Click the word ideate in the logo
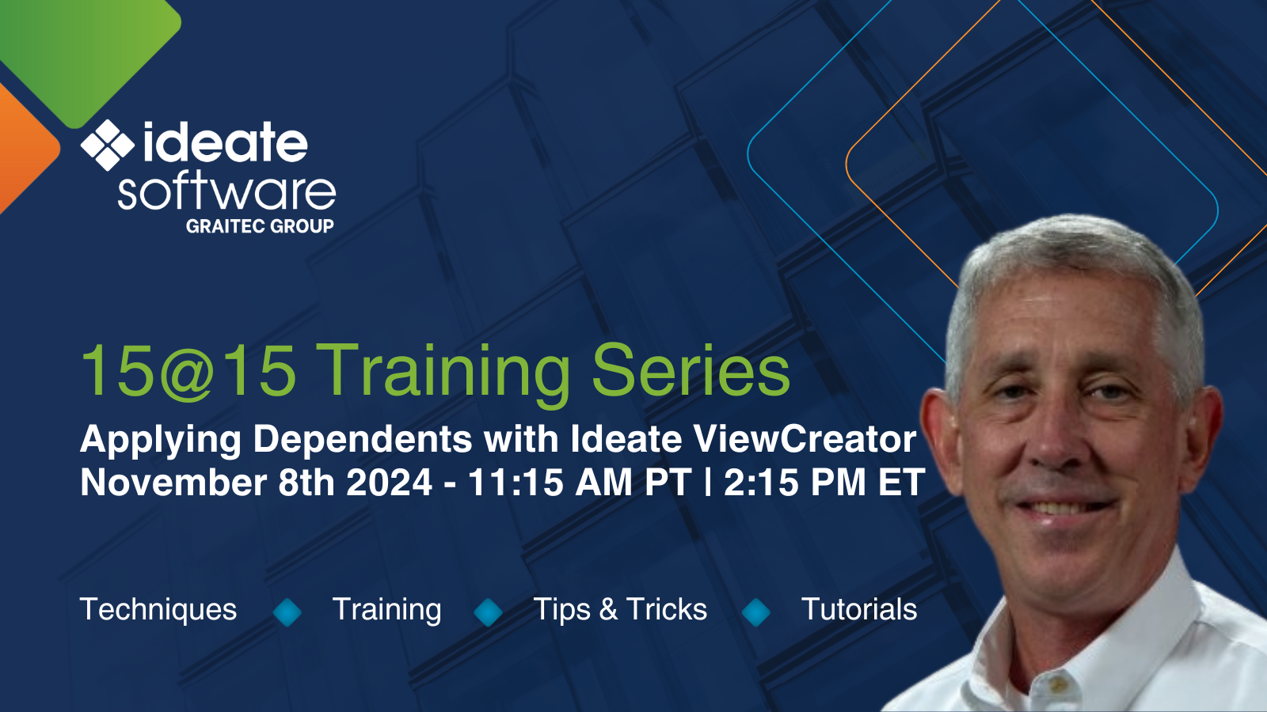pyautogui.click(x=225, y=143)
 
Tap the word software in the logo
pyautogui.click(x=226, y=191)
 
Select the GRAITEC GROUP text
pyautogui.click(x=260, y=226)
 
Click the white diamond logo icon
pyautogui.click(x=108, y=145)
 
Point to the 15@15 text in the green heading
pyautogui.click(x=188, y=370)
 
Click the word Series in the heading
pyautogui.click(x=691, y=370)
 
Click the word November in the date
pyautogui.click(x=173, y=483)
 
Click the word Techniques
pyautogui.click(x=158, y=610)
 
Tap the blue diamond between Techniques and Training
pyautogui.click(x=287, y=612)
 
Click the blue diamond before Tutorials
pyautogui.click(x=756, y=612)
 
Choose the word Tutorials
pyautogui.click(x=859, y=610)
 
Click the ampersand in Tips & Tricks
pyautogui.click(x=608, y=610)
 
